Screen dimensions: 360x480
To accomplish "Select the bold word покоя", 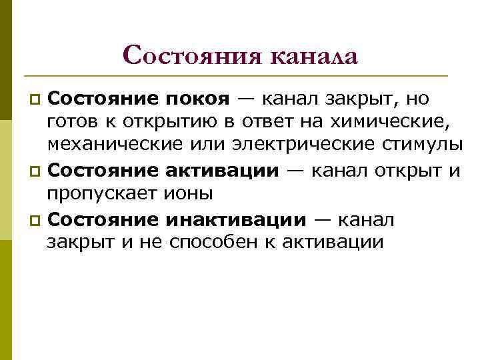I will (197, 99).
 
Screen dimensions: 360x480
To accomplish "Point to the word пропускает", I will (101, 194).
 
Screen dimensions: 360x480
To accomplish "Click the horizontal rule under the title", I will (240, 75).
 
